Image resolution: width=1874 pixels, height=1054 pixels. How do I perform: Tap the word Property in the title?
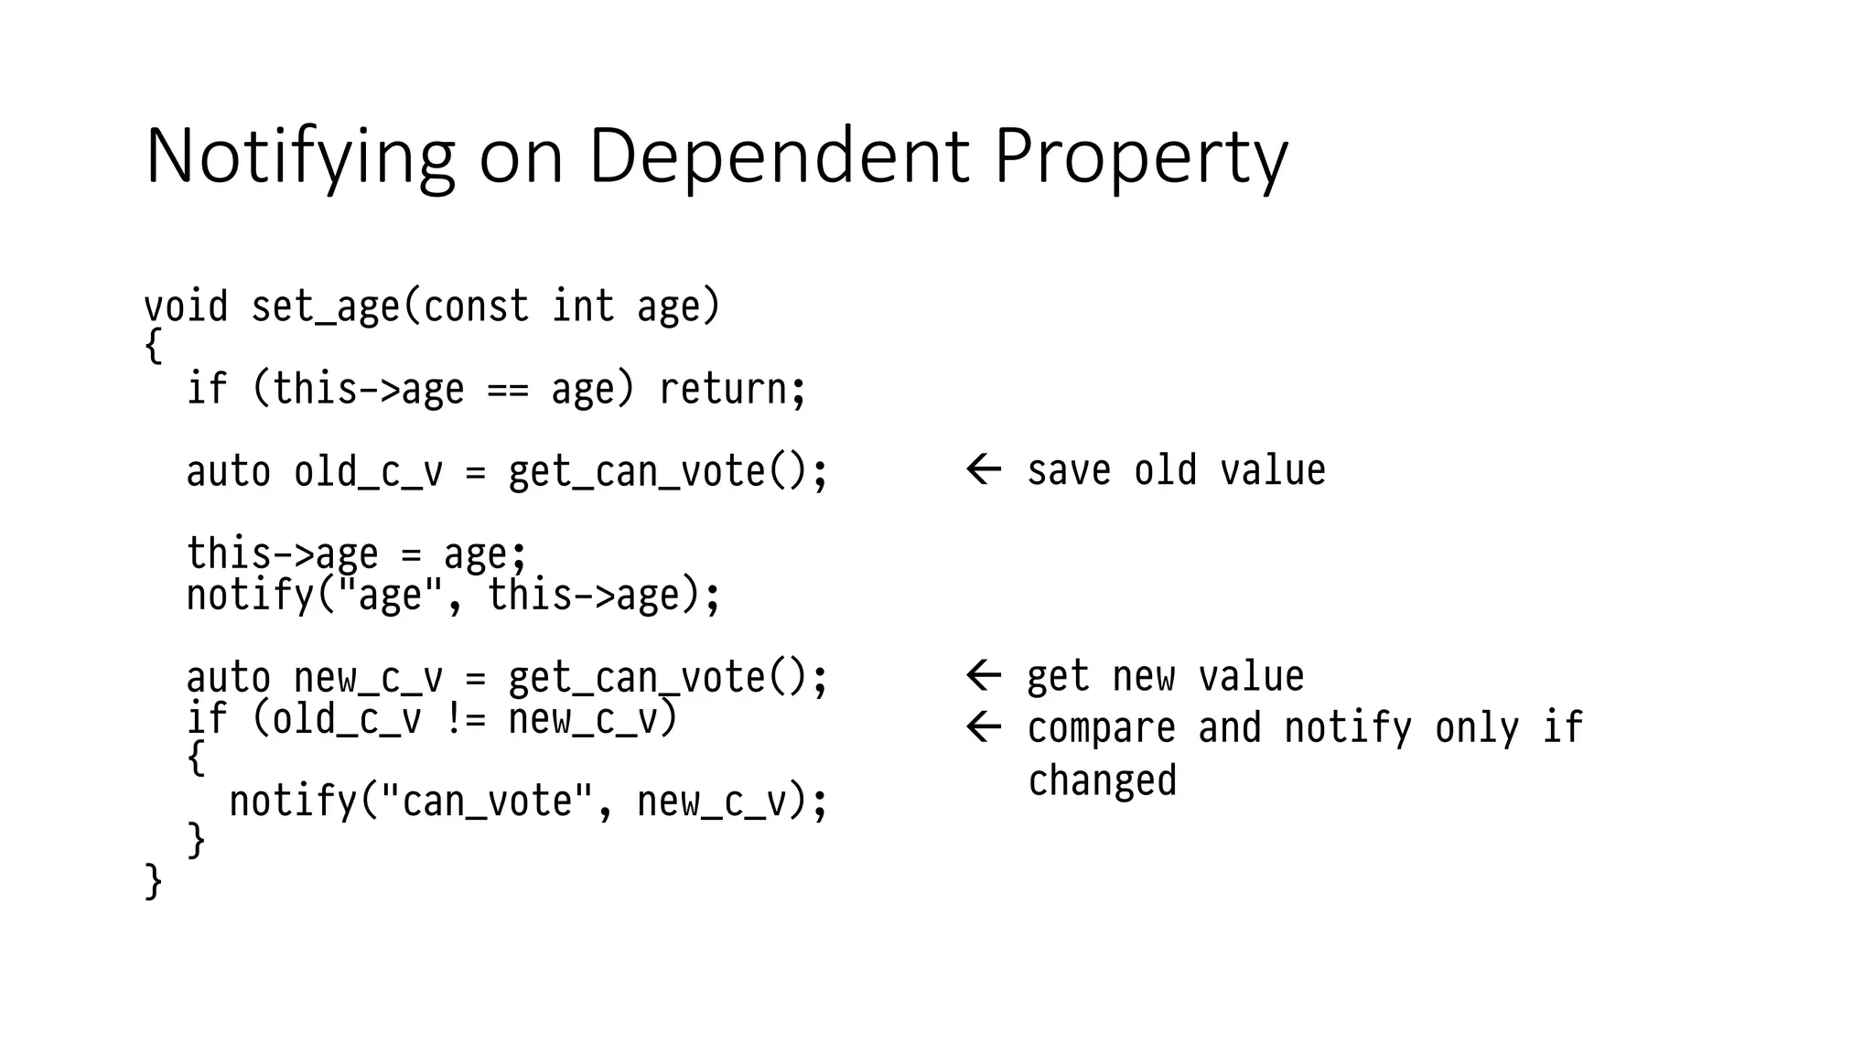[1140, 157]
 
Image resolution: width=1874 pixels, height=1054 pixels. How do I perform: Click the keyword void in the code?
[186, 306]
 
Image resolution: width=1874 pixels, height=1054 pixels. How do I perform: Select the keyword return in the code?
[723, 389]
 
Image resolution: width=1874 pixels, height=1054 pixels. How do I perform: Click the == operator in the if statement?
[508, 390]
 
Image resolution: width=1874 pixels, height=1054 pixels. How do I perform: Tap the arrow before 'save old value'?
[984, 469]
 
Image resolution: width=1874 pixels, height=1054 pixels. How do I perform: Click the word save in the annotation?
[1069, 470]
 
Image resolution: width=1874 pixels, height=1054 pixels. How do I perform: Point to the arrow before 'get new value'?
[984, 676]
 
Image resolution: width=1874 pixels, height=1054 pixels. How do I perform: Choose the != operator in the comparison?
[465, 719]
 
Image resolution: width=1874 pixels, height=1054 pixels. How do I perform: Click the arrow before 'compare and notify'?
[984, 728]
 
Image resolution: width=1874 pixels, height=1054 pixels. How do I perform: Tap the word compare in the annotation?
[1101, 729]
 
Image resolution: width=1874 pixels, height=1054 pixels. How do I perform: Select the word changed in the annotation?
[1102, 781]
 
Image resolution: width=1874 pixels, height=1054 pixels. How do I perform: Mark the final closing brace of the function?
[154, 882]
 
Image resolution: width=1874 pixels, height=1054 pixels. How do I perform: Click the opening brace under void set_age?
[154, 347]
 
